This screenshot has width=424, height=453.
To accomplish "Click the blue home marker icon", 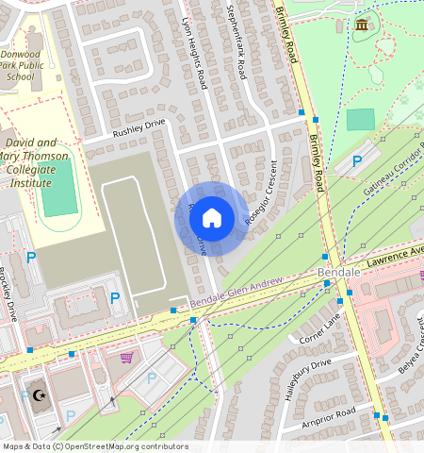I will click(x=212, y=219).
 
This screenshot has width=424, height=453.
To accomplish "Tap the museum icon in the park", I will click(x=362, y=25).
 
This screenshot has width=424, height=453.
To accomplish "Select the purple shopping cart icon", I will click(x=126, y=357).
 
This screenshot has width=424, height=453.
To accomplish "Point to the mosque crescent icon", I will click(x=39, y=395).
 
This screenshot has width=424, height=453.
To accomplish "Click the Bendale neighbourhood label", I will click(x=340, y=272).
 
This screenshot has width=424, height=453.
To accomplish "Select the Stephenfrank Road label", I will click(x=241, y=40).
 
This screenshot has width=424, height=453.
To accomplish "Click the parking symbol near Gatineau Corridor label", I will click(x=356, y=162).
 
